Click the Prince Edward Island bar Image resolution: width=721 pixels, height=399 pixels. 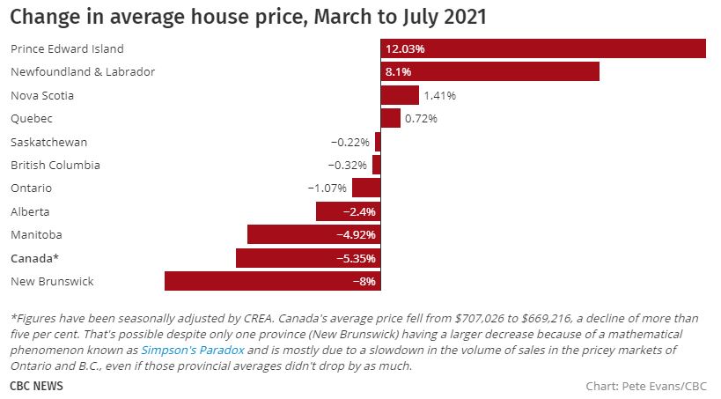tap(543, 49)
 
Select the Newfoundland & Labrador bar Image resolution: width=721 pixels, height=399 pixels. tap(489, 71)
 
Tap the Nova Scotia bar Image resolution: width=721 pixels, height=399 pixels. tap(400, 95)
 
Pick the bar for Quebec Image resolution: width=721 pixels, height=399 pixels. tap(390, 118)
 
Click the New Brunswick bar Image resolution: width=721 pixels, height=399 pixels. tap(272, 281)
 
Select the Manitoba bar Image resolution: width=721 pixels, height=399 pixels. tap(313, 234)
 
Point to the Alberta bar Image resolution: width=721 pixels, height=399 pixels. tap(348, 211)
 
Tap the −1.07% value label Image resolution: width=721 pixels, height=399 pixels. tap(327, 188)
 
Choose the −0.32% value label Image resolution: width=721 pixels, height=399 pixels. tap(347, 165)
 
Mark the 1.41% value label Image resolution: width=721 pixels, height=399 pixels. tap(439, 95)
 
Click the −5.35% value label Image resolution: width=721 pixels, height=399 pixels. tap(357, 258)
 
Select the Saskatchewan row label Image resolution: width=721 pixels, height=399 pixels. tap(48, 142)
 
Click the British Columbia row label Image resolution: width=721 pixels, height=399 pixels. tap(55, 165)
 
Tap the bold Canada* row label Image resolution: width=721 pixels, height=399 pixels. tap(34, 258)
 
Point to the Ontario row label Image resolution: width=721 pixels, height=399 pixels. tap(31, 188)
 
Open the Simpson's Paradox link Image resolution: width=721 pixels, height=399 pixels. tap(180, 350)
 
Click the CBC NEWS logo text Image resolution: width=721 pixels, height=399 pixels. tap(36, 386)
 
